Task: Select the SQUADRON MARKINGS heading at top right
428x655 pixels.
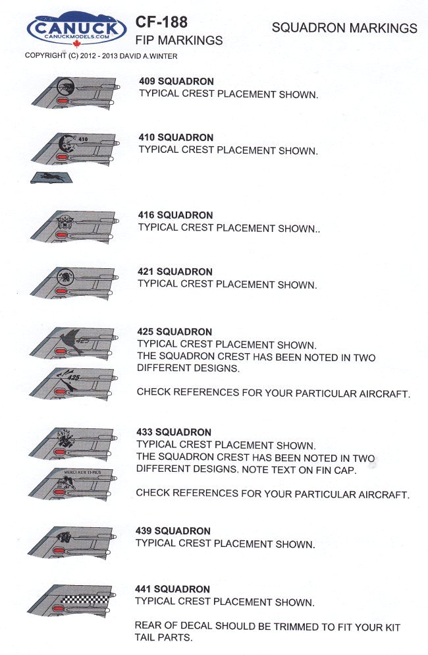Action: pyautogui.click(x=344, y=28)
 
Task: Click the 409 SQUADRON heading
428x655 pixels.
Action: pyautogui.click(x=176, y=81)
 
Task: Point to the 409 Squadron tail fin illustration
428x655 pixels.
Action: pyautogui.click(x=76, y=93)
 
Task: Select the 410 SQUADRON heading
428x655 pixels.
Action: pyautogui.click(x=176, y=138)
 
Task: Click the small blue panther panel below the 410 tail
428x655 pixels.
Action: pyautogui.click(x=52, y=177)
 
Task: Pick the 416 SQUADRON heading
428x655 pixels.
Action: pyautogui.click(x=176, y=215)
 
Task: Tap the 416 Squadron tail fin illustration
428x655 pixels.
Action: pyautogui.click(x=74, y=227)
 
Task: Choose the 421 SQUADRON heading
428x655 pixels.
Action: pyautogui.click(x=175, y=271)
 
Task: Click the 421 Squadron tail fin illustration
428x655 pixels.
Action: pyautogui.click(x=74, y=283)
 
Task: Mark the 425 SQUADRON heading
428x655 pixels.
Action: pyautogui.click(x=174, y=331)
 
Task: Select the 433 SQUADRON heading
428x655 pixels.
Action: pyautogui.click(x=174, y=432)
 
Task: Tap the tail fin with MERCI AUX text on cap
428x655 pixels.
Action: pyautogui.click(x=74, y=484)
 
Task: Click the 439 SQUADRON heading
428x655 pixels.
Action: pyautogui.click(x=173, y=531)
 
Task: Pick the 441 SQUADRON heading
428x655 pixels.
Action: pyautogui.click(x=173, y=589)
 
